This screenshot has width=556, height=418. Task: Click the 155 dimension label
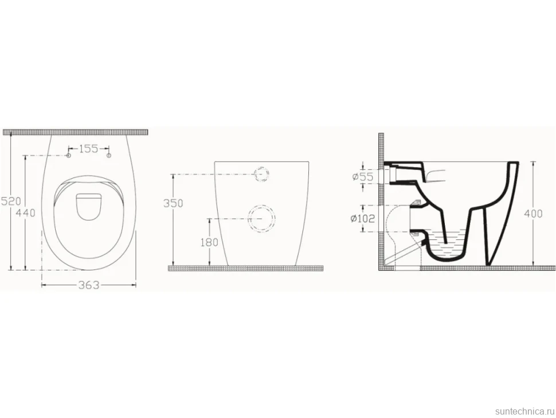pyautogui.click(x=88, y=149)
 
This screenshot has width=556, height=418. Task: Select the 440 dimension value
pyautogui.click(x=26, y=212)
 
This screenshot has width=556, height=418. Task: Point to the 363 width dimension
pyautogui.click(x=89, y=285)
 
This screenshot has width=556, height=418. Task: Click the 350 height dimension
pyautogui.click(x=173, y=203)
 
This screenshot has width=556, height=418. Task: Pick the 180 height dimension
pyautogui.click(x=209, y=242)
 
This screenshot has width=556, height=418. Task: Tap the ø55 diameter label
pyautogui.click(x=363, y=176)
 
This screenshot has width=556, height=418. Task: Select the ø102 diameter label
pyautogui.click(x=362, y=218)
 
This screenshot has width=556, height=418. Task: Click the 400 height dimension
pyautogui.click(x=534, y=214)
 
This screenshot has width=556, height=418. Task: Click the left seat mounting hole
pyautogui.click(x=69, y=156)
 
